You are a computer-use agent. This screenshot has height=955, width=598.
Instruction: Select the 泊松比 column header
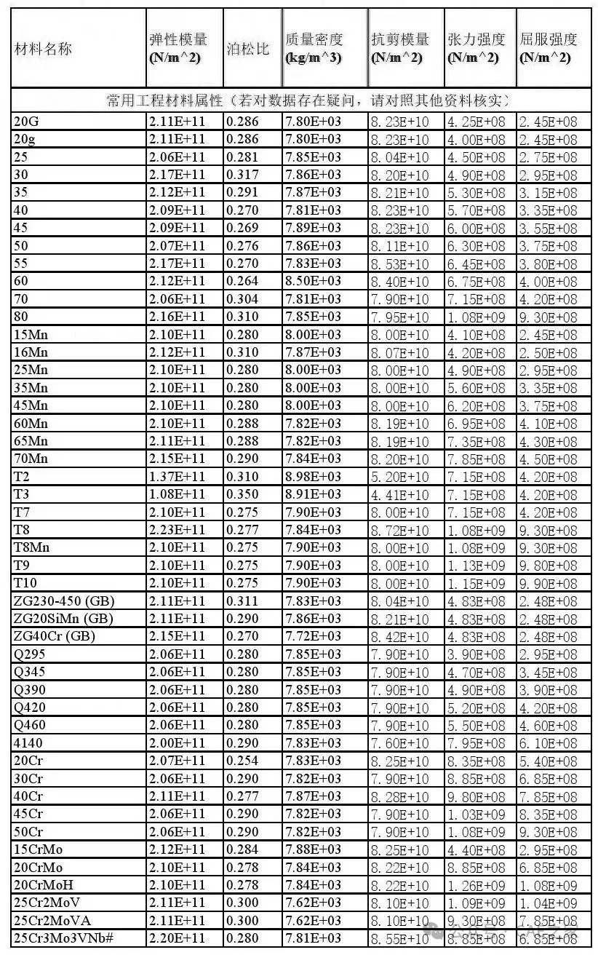coord(248,49)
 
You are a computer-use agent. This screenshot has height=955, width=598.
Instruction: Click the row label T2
coord(21,477)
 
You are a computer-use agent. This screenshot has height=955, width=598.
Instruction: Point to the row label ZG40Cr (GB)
coord(55,636)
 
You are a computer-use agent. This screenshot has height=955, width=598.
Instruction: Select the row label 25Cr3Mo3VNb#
coord(63,938)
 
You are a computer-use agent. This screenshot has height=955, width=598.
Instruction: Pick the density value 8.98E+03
coord(313,477)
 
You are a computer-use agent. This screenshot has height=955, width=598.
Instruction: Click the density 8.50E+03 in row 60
coord(313,282)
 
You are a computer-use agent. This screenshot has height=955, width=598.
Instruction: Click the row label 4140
coord(27,743)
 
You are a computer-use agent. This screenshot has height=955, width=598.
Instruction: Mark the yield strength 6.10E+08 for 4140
coord(548,743)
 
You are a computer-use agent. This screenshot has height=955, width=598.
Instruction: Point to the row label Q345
coord(29,672)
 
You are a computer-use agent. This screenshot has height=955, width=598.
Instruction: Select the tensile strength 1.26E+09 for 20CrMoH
coord(476,885)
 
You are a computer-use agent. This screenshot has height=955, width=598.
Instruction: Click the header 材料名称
coord(43,49)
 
